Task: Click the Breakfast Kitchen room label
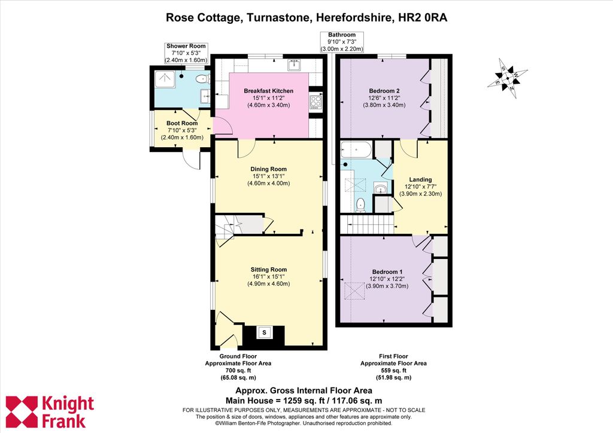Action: click(269, 91)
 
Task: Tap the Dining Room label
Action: click(269, 169)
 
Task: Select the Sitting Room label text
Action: click(269, 269)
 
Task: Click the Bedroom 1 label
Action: click(387, 272)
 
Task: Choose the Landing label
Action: click(420, 179)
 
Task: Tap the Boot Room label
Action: click(182, 123)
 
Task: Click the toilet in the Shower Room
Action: click(202, 80)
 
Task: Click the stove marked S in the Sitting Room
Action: click(264, 333)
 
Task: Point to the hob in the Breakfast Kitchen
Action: click(316, 102)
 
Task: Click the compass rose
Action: click(507, 78)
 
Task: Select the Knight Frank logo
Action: click(50, 412)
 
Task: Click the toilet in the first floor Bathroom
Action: click(360, 205)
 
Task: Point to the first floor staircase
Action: click(366, 224)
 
